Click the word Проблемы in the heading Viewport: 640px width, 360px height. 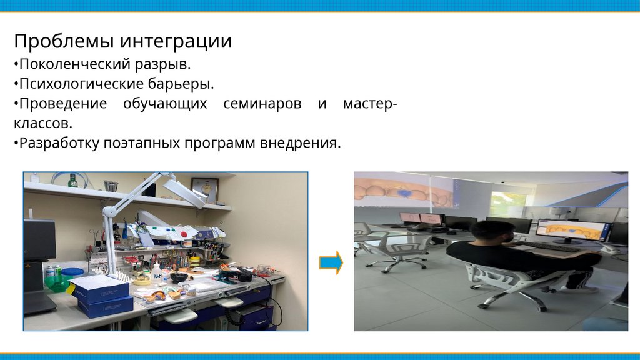[x=66, y=41]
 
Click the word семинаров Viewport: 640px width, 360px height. [x=262, y=104]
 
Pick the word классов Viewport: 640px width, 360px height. [x=43, y=123]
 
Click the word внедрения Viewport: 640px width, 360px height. [x=300, y=143]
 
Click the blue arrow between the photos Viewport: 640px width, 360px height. [x=331, y=263]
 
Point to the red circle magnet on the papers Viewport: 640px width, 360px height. [x=184, y=234]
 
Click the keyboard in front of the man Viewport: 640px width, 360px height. [x=549, y=246]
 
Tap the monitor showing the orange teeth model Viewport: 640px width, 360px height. [x=571, y=231]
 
